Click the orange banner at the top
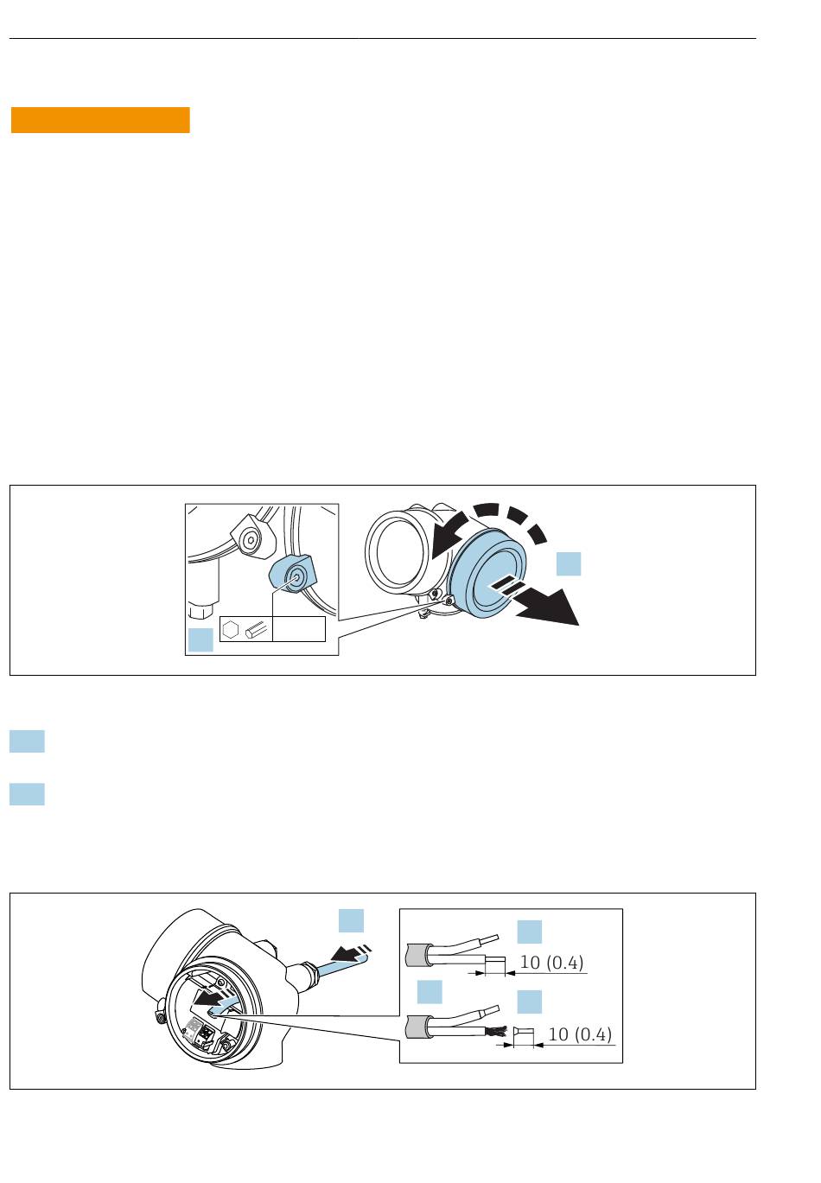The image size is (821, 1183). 100,120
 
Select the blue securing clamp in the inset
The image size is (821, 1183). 292,574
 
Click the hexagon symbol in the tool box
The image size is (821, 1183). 231,630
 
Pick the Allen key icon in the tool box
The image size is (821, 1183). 257,630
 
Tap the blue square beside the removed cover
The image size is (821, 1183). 569,564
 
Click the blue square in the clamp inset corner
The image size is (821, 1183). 200,640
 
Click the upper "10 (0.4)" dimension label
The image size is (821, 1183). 551,963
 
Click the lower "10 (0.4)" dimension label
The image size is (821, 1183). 580,1034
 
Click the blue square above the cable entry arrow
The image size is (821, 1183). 352,921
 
